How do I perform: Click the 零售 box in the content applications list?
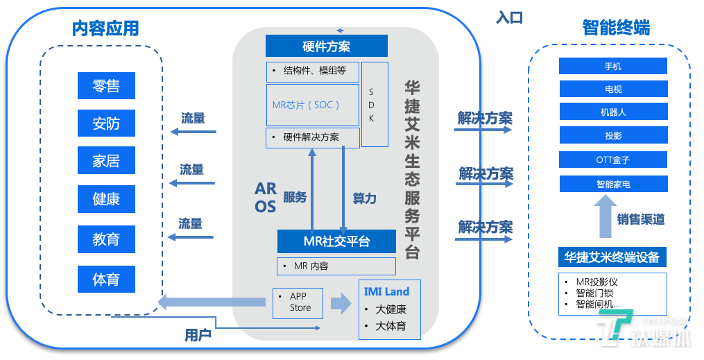click(106, 86)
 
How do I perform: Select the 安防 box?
click(106, 124)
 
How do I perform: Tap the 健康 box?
click(106, 199)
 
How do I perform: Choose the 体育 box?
click(106, 280)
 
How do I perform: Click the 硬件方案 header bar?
click(326, 46)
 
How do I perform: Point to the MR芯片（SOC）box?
click(313, 105)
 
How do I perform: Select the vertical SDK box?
click(375, 105)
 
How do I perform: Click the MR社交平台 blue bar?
click(336, 241)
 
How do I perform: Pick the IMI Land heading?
click(387, 291)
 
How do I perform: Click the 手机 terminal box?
click(613, 66)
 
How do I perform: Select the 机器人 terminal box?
click(613, 112)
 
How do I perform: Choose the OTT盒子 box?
click(613, 160)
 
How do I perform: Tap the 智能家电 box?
click(613, 184)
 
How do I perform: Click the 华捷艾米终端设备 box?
click(612, 257)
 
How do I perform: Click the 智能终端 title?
click(616, 28)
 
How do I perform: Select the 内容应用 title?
click(105, 28)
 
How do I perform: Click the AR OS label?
click(266, 198)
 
